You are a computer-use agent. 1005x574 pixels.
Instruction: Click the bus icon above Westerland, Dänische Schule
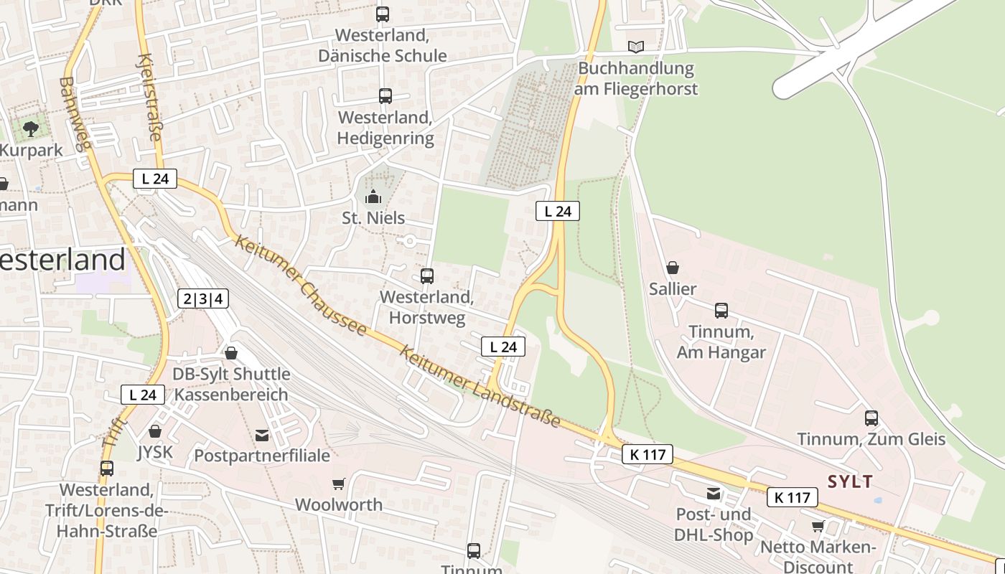383,14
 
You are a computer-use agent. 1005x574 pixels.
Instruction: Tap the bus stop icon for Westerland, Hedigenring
385,96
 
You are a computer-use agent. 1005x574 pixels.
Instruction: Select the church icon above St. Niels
373,197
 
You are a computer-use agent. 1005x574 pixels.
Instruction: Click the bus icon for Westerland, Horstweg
427,276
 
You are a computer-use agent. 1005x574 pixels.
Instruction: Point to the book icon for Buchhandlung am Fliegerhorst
636,47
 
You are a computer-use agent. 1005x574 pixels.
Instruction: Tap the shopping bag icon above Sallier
673,268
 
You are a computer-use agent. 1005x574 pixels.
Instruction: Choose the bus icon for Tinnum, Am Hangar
721,311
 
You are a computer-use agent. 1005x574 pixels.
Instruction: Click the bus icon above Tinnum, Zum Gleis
871,418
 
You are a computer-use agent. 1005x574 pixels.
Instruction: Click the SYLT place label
851,481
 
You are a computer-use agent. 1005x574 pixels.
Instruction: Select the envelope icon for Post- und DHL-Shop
714,494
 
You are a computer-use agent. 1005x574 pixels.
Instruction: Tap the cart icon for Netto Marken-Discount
818,527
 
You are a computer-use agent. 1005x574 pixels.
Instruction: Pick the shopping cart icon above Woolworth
339,484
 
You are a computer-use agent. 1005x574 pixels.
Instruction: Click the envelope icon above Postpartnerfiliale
262,436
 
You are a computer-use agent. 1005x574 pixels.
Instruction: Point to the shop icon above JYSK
155,431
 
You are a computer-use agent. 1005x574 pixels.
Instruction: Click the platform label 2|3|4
203,299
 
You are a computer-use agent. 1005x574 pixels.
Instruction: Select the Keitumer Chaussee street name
300,286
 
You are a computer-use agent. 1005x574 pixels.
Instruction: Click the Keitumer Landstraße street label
480,387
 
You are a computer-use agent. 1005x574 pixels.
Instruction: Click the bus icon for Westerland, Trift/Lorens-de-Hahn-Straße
107,469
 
